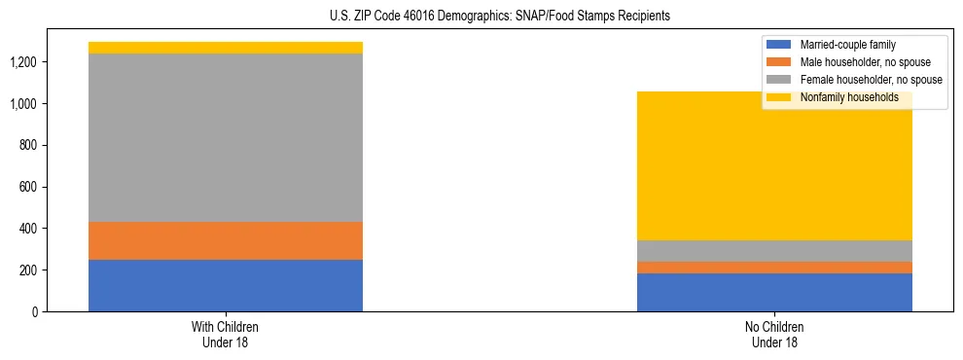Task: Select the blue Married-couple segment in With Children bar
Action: coord(226,285)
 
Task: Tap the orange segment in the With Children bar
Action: coord(226,240)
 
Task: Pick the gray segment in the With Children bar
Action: coord(226,137)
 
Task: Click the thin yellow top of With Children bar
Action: coord(226,48)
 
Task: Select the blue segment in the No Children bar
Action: coord(774,292)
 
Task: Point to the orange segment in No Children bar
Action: coord(774,268)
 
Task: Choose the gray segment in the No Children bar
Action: coord(774,251)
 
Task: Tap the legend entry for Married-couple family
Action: coord(847,45)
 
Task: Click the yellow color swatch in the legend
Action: coord(779,97)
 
